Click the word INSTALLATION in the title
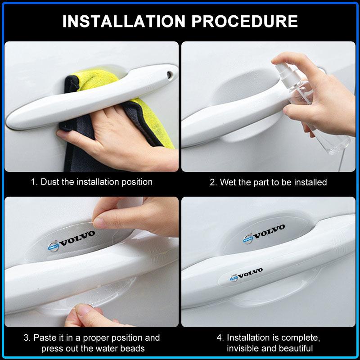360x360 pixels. [x=124, y=21]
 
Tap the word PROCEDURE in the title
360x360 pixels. [x=244, y=21]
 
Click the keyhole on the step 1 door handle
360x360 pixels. [x=170, y=75]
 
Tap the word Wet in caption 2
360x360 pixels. [x=228, y=182]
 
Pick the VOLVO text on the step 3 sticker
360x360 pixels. [x=77, y=238]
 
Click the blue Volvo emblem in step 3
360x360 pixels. [x=53, y=247]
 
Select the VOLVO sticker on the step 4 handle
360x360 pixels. [x=246, y=274]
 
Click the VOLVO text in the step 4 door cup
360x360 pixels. [x=270, y=231]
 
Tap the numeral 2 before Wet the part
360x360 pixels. [x=212, y=182]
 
